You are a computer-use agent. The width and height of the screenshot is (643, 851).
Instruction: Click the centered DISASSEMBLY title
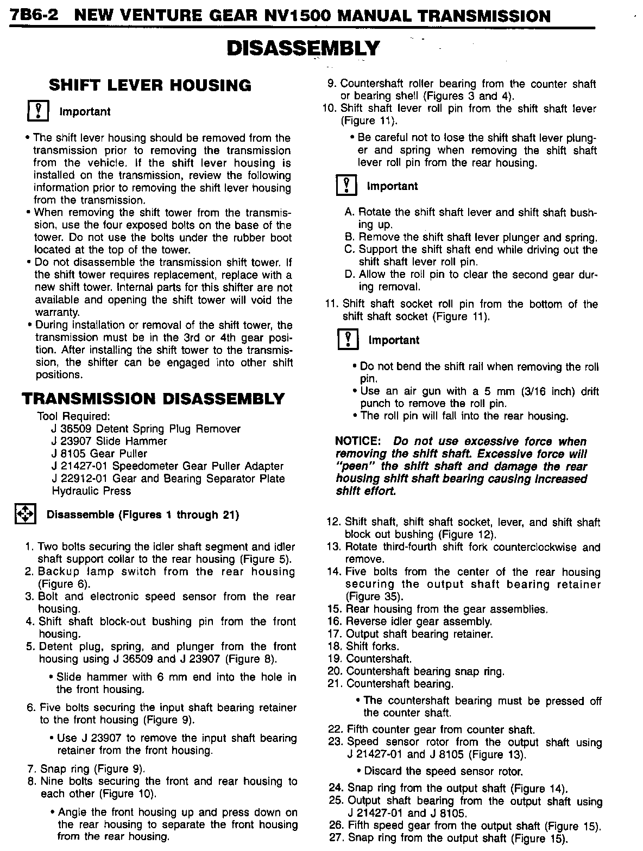[302, 48]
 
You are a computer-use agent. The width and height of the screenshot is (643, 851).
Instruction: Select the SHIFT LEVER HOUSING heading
[150, 85]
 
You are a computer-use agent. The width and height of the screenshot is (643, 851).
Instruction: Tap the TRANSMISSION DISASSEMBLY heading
[153, 399]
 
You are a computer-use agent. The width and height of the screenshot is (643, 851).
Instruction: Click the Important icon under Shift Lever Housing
[38, 111]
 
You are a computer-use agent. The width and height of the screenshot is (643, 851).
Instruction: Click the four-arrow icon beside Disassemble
[24, 515]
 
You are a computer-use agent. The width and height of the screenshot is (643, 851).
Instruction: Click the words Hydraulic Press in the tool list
[91, 491]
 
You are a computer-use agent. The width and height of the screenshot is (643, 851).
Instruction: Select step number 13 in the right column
[333, 547]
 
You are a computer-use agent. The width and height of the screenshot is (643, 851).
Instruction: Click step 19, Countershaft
[370, 659]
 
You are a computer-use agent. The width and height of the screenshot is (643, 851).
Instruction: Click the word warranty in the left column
[57, 313]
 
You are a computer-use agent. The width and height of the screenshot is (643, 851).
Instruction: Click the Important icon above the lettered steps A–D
[346, 186]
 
